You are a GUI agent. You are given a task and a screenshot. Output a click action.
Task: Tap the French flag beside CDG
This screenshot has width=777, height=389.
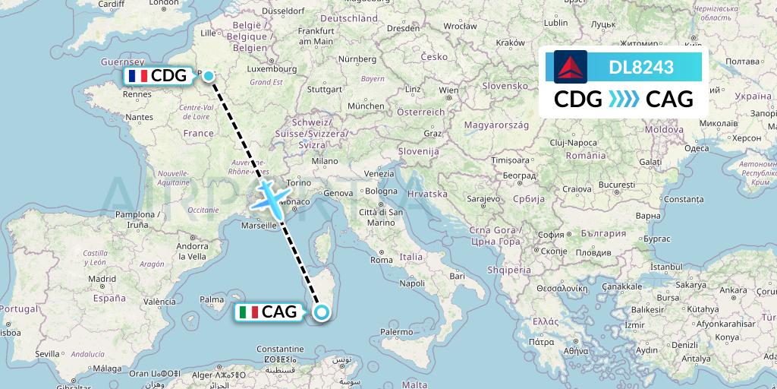137,76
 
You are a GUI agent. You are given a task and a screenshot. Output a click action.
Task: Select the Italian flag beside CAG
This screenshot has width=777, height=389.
248,312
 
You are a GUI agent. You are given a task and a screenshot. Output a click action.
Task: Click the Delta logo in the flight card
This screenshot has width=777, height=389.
571,67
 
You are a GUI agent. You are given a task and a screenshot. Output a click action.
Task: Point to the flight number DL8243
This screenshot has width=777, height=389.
641,67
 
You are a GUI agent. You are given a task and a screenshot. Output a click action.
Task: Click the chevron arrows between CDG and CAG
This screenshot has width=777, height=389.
624,99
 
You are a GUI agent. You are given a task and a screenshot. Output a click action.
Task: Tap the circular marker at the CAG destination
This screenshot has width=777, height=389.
322,312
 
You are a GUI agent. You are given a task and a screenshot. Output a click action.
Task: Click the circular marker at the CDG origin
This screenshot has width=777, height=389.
208,75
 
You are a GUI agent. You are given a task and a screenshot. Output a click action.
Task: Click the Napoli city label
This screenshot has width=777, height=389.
412,283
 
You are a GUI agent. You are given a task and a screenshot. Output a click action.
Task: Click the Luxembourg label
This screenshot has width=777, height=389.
265,68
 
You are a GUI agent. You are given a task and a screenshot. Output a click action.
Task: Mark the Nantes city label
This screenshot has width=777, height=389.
140,117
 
